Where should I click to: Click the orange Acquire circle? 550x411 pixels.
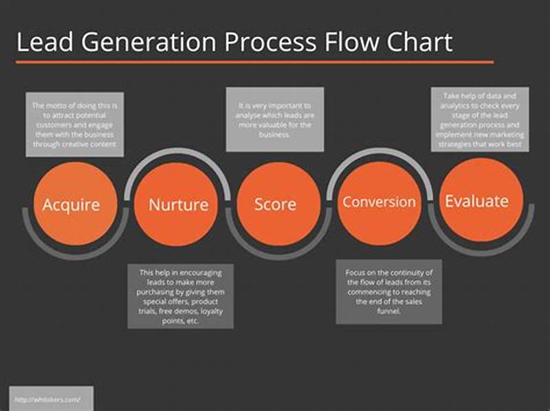coord(71,204)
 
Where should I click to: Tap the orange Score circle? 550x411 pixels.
coord(275,204)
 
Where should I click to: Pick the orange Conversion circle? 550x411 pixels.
coord(379,202)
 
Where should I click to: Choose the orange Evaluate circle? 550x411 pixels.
coord(476,200)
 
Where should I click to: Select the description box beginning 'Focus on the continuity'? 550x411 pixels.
coord(388,291)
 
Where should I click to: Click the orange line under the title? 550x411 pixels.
coord(254,62)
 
